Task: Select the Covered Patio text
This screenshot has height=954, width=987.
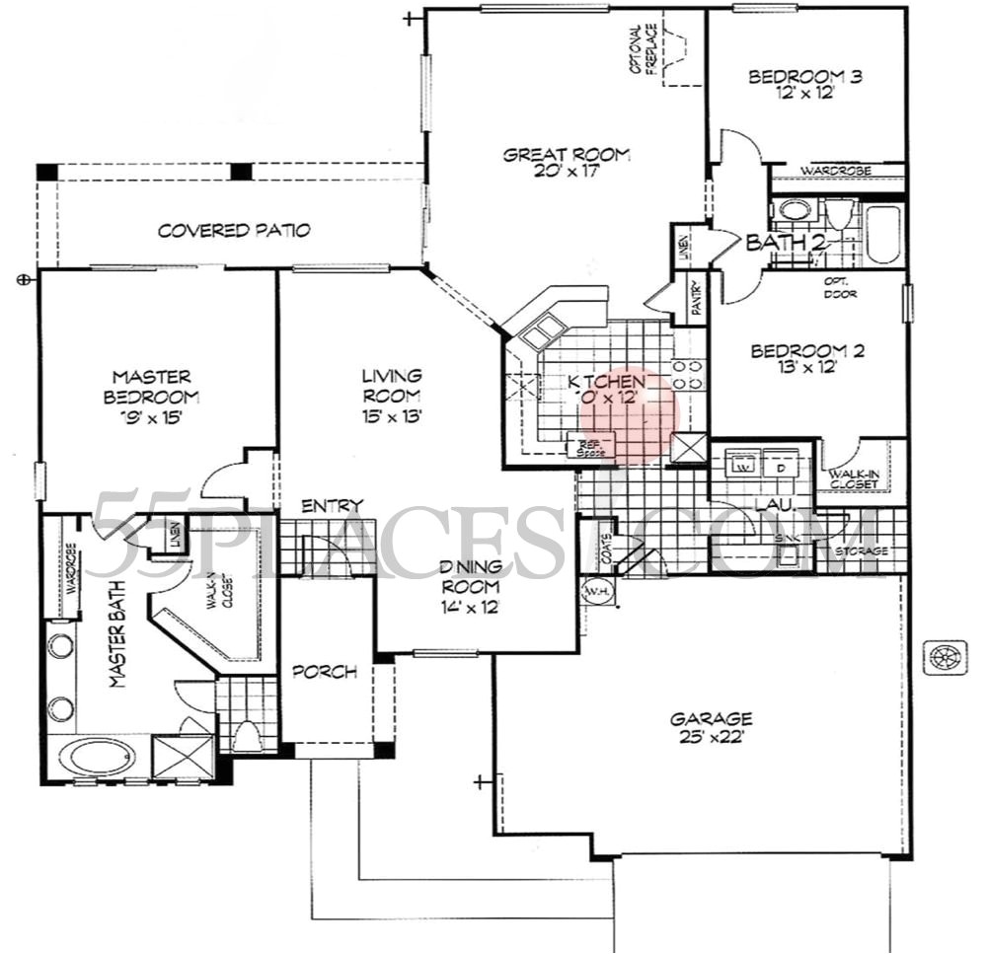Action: pyautogui.click(x=235, y=231)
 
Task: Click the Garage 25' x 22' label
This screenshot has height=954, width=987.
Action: pyautogui.click(x=709, y=727)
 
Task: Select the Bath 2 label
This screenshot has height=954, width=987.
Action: pyautogui.click(x=777, y=243)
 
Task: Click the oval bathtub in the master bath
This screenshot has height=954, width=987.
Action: pyautogui.click(x=95, y=761)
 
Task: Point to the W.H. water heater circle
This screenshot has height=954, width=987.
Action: pyautogui.click(x=596, y=592)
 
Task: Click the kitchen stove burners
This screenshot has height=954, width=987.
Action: pyautogui.click(x=688, y=374)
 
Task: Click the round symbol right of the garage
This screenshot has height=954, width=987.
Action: pyautogui.click(x=945, y=656)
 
